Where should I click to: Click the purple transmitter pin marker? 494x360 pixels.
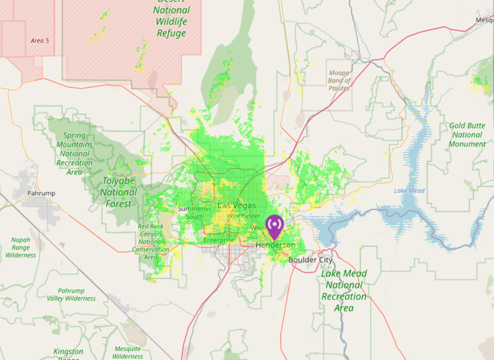click(x=275, y=226)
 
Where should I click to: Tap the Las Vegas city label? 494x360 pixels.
click(x=236, y=205)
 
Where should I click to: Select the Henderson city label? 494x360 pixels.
click(x=276, y=245)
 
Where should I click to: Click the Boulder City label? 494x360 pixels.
click(x=310, y=260)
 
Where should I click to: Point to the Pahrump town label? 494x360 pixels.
click(x=41, y=193)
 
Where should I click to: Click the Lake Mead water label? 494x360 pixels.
click(x=409, y=191)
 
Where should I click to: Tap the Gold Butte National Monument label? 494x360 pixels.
click(x=467, y=135)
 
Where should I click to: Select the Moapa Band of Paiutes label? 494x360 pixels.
click(x=339, y=81)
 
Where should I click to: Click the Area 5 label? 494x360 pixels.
click(x=40, y=40)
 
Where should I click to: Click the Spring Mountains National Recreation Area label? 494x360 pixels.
click(x=75, y=154)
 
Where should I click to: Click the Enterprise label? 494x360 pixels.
click(x=219, y=240)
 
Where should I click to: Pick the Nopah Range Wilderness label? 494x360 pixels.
click(x=21, y=247)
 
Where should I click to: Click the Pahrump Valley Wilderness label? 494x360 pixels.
click(x=71, y=295)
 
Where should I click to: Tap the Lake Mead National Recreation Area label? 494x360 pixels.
click(x=344, y=291)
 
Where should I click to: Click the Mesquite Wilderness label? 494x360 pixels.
click(x=127, y=352)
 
